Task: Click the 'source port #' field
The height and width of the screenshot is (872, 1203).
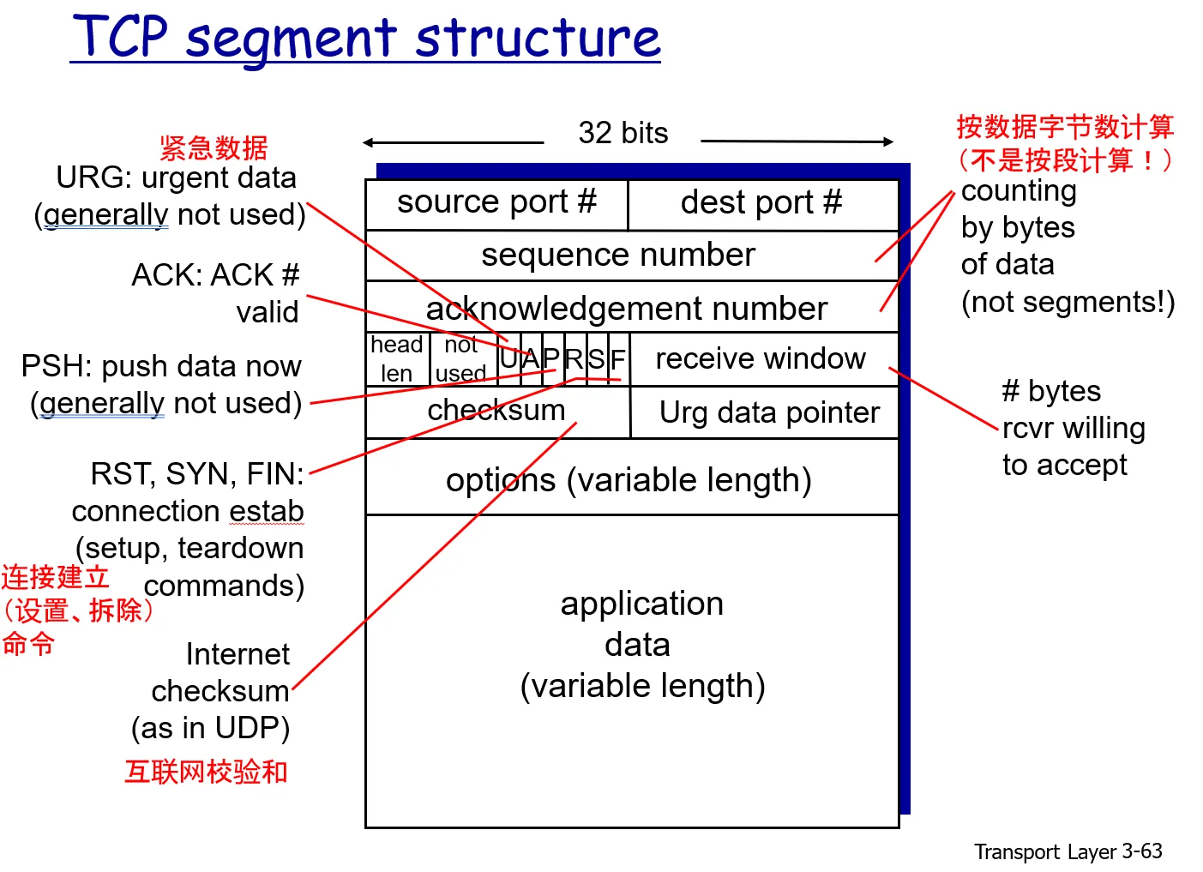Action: pyautogui.click(x=496, y=203)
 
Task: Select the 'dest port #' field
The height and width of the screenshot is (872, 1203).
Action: pyautogui.click(x=761, y=203)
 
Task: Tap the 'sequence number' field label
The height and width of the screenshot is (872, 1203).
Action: pyautogui.click(x=617, y=256)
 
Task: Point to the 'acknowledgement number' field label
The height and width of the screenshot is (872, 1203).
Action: pyautogui.click(x=626, y=309)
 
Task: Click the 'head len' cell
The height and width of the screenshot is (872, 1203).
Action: pyautogui.click(x=396, y=359)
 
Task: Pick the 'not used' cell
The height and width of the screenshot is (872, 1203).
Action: pyautogui.click(x=461, y=359)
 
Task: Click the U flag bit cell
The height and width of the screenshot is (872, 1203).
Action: pyautogui.click(x=509, y=359)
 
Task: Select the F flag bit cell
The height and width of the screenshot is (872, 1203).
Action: pyautogui.click(x=618, y=359)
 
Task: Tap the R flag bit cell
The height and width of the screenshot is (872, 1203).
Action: pyautogui.click(x=574, y=359)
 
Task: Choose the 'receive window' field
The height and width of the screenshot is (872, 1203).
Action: pyautogui.click(x=761, y=358)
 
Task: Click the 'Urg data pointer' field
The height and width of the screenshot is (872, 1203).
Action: pyautogui.click(x=769, y=413)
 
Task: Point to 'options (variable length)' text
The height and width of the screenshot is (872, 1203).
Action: pyautogui.click(x=629, y=480)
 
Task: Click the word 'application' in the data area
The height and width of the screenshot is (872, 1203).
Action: pyautogui.click(x=642, y=604)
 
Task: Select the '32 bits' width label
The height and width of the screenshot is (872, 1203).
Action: pyautogui.click(x=623, y=134)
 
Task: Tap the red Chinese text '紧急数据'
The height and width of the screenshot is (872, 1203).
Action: pyautogui.click(x=214, y=147)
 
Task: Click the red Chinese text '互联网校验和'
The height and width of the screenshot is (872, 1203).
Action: pyautogui.click(x=206, y=772)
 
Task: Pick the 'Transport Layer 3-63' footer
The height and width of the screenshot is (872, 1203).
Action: pyautogui.click(x=1068, y=851)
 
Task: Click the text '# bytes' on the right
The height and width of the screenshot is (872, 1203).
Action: pyautogui.click(x=1051, y=391)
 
